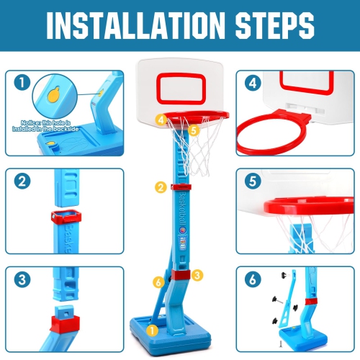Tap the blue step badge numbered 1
25,83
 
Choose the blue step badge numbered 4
252,83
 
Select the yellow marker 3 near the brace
198,274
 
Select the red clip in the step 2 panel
65,216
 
